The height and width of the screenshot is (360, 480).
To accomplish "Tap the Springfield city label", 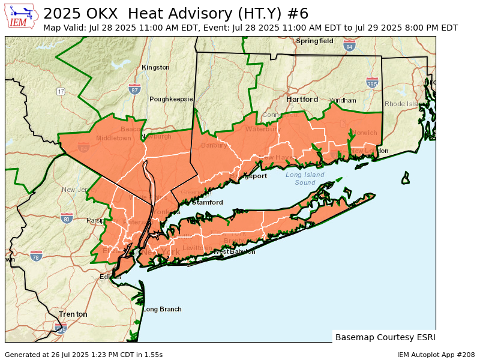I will pyautogui.click(x=314, y=41).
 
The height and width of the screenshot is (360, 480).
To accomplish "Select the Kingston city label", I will pyautogui.click(x=155, y=67).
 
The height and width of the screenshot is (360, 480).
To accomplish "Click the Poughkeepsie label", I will pyautogui.click(x=171, y=99).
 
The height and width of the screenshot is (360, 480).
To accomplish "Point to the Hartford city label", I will pyautogui.click(x=302, y=99).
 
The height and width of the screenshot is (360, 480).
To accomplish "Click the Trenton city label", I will pyautogui.click(x=73, y=314).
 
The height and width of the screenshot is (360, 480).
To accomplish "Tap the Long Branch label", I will pyautogui.click(x=162, y=309).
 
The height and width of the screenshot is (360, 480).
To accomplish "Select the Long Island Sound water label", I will pyautogui.click(x=305, y=178).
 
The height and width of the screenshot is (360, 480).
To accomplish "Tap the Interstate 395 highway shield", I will pyautogui.click(x=372, y=83).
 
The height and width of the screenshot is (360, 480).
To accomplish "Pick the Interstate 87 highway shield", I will pyautogui.click(x=134, y=89).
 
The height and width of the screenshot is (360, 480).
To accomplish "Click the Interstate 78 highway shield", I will pyautogui.click(x=36, y=256).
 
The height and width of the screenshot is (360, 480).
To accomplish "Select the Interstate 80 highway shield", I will pyautogui.click(x=67, y=218).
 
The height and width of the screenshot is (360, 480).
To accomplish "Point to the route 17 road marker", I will pyautogui.click(x=61, y=91).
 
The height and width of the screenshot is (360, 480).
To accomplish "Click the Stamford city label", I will pyautogui.click(x=208, y=202).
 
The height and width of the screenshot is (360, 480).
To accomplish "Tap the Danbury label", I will pyautogui.click(x=214, y=145).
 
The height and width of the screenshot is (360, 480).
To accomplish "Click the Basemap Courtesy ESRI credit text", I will pyautogui.click(x=385, y=337).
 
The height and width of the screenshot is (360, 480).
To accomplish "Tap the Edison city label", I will pyautogui.click(x=110, y=276).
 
